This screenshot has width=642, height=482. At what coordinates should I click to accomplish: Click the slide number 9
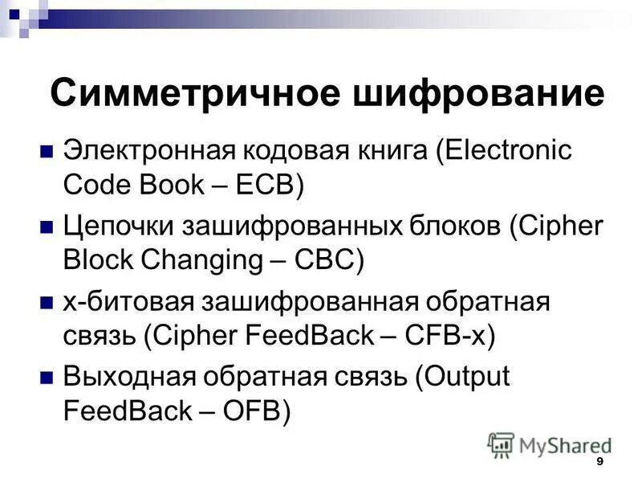(x=599, y=464)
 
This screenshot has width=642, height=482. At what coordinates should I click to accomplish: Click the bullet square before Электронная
(x=47, y=150)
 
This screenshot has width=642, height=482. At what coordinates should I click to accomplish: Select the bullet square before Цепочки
(x=47, y=227)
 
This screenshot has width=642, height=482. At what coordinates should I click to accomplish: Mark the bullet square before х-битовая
(x=47, y=303)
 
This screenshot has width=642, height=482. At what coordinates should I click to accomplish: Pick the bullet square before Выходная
(x=47, y=378)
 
